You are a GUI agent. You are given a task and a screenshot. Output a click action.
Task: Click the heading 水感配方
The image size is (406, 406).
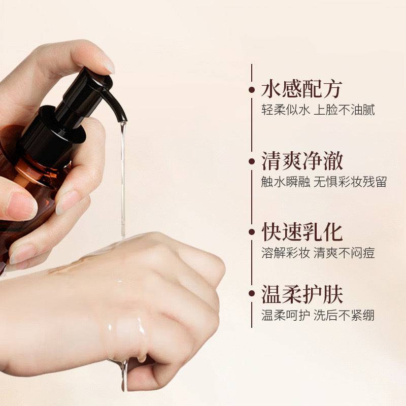(x=301, y=90)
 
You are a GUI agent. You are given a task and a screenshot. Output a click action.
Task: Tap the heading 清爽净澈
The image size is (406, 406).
(x=302, y=161)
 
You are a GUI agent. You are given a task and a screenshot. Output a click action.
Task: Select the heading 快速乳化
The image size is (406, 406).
(x=302, y=232)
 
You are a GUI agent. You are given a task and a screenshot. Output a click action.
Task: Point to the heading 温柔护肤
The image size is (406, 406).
(x=302, y=294)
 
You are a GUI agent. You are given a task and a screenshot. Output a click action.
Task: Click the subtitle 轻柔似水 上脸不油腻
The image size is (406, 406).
(x=318, y=110)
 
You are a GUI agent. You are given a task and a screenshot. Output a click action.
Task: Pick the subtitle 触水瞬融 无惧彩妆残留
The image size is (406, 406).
(x=324, y=182)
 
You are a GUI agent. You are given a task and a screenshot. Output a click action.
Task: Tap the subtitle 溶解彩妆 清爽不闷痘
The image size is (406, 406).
(x=318, y=253)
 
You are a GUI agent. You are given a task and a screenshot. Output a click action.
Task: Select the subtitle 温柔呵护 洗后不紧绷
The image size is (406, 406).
(x=318, y=315)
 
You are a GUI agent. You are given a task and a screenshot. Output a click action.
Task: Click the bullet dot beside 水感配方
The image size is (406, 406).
(x=252, y=90)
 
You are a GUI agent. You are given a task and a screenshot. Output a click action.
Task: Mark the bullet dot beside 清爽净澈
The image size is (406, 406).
(x=252, y=161)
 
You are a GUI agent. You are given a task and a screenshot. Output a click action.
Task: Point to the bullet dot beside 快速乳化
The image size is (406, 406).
(x=252, y=232)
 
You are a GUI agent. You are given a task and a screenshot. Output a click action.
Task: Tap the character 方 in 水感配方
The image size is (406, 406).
(x=332, y=90)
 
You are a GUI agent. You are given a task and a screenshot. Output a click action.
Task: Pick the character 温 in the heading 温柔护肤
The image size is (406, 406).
(x=271, y=294)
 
